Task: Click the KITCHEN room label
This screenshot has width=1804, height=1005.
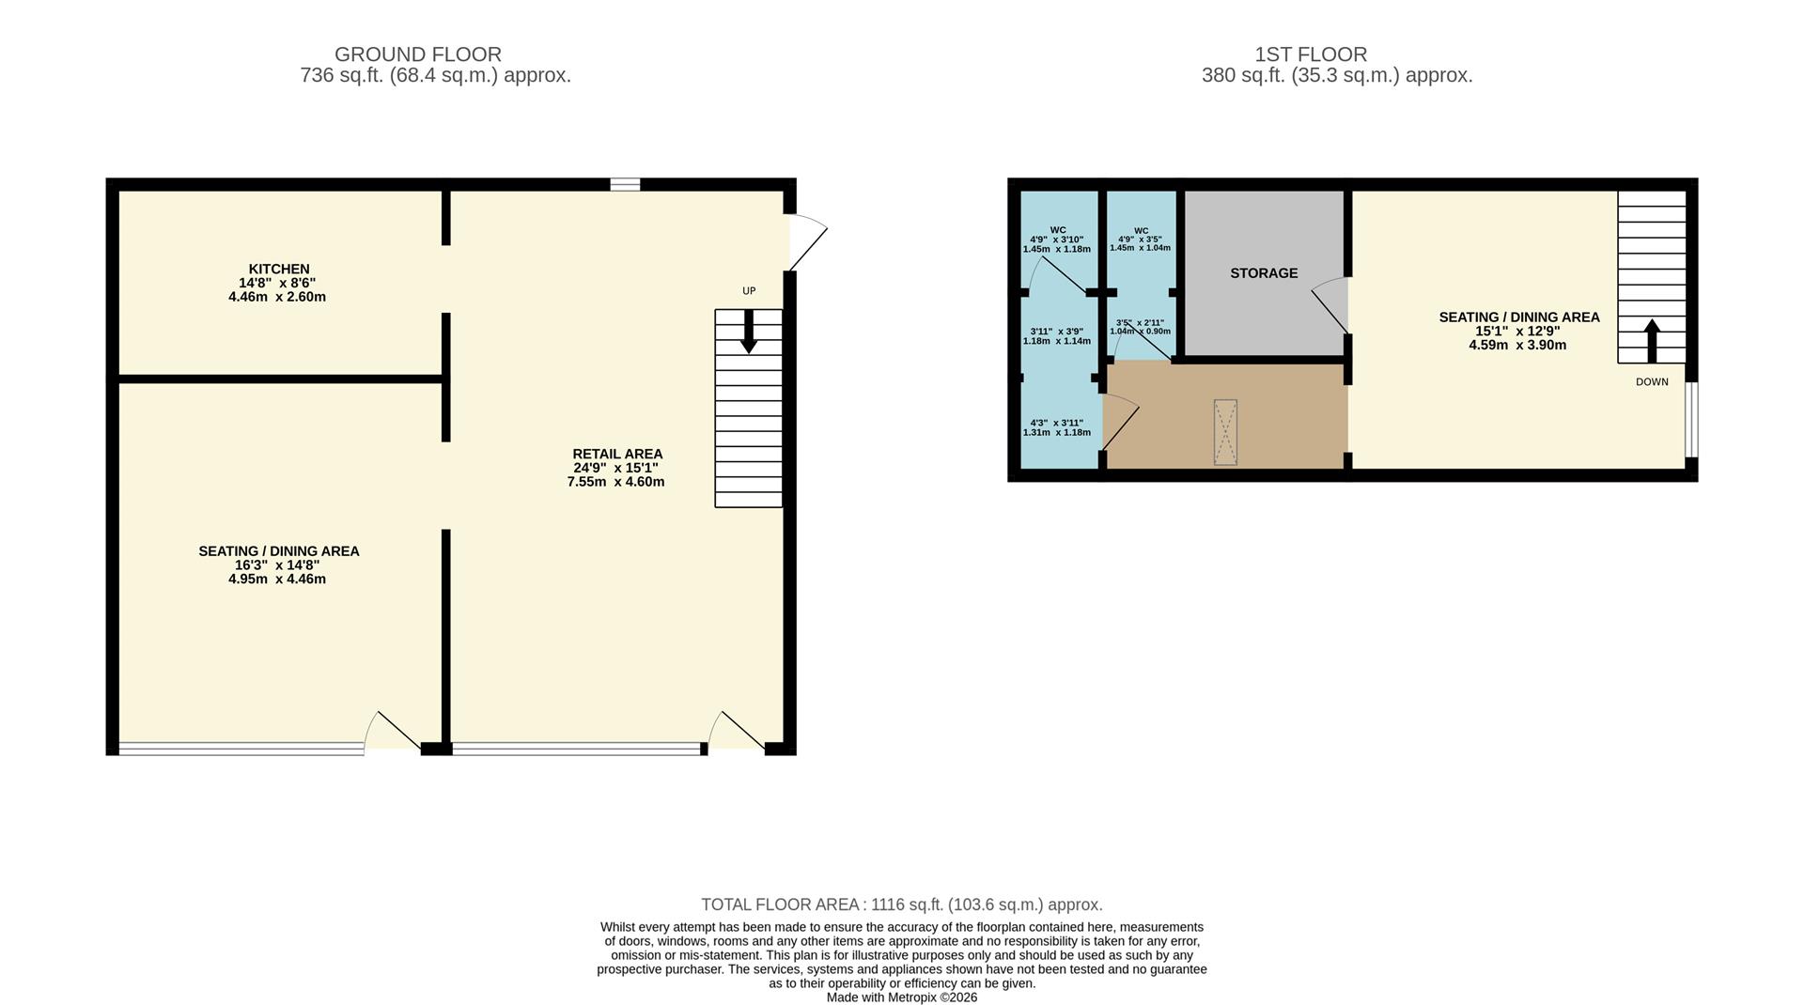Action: [279, 270]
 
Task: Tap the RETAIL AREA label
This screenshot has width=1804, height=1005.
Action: [617, 455]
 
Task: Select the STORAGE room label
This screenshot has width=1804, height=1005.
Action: [1264, 273]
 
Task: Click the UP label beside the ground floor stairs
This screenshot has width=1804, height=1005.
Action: [749, 291]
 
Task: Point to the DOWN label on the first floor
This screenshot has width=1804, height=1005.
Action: [1652, 382]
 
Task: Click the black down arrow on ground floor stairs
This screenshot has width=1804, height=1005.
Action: [749, 332]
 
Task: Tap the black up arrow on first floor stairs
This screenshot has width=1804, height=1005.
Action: [1652, 341]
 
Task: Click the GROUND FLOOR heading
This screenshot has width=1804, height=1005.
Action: [418, 54]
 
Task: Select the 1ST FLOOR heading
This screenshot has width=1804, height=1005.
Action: [1311, 54]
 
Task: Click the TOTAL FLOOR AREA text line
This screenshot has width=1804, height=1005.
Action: [902, 904]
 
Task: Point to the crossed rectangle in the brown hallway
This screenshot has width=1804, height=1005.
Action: [1225, 432]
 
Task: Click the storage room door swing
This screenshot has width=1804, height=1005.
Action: [1330, 305]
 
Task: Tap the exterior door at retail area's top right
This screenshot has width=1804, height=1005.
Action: [807, 241]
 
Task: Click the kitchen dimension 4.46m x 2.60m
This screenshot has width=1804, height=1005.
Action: [277, 297]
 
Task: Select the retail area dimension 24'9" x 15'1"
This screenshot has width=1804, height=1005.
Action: [616, 468]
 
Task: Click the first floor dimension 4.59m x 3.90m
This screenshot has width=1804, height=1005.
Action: [1517, 346]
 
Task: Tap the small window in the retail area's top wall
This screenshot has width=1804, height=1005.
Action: [625, 184]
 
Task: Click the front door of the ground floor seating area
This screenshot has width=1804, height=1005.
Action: [392, 732]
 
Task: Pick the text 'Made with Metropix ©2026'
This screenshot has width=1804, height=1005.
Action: [902, 997]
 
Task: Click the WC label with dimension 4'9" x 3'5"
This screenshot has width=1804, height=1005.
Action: [1141, 240]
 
